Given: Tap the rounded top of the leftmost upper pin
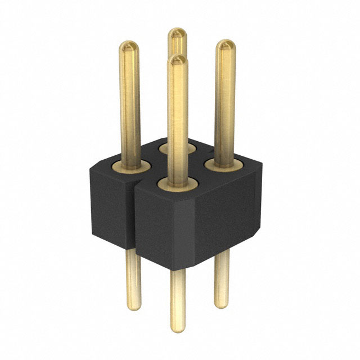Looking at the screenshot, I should point(130,46).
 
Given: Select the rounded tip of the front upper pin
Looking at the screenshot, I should point(178,60).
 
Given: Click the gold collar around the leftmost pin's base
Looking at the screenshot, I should point(130,166).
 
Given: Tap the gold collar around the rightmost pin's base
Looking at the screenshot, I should point(224,165).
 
